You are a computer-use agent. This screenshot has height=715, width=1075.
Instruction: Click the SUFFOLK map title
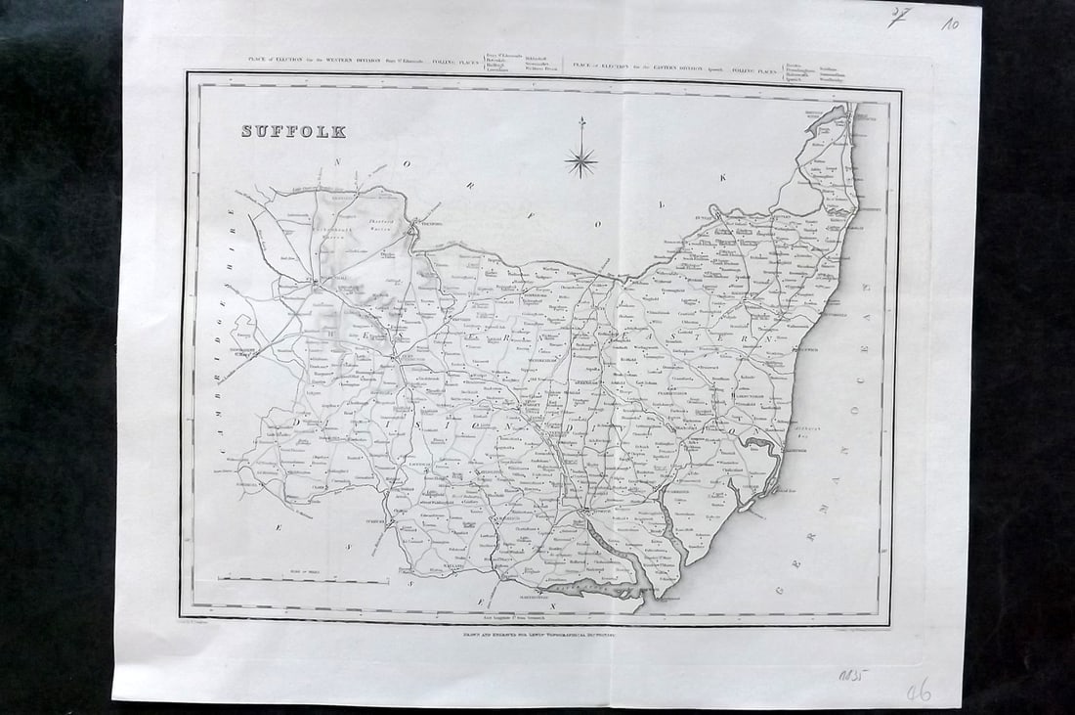tap(293, 131)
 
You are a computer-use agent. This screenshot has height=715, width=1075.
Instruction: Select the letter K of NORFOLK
tap(725, 177)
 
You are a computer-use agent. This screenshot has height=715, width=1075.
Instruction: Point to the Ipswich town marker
tap(587, 511)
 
